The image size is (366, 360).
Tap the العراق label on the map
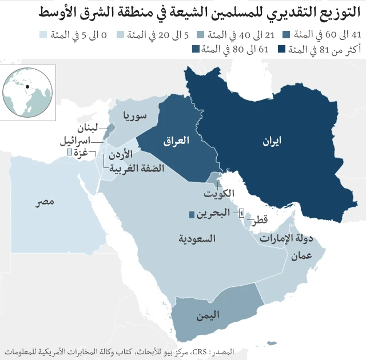176,141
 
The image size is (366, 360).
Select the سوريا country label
135,117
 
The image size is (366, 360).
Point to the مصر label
44,202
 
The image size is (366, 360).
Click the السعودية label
196,238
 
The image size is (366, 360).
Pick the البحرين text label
214,214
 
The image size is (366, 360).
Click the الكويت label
219,193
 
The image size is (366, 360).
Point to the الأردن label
120,154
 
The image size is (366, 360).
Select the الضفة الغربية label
137,168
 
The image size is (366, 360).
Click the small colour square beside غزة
69,152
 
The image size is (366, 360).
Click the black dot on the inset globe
27,87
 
